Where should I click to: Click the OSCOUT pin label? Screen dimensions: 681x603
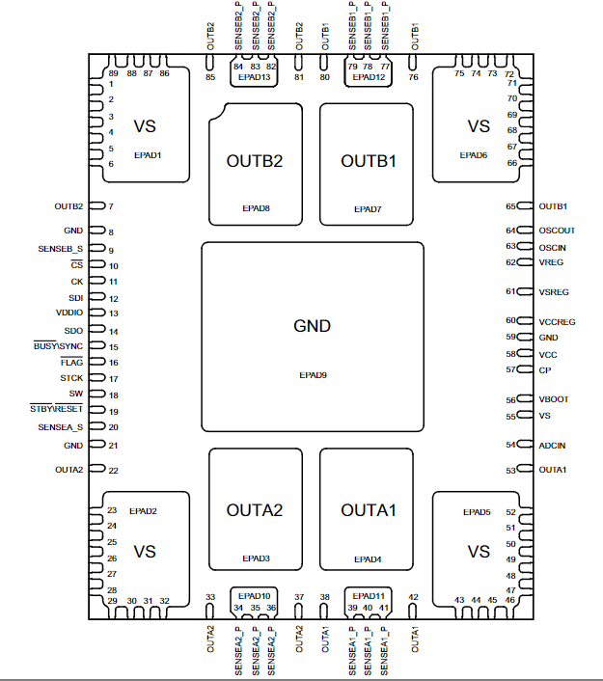558,230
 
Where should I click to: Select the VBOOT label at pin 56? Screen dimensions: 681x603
554,399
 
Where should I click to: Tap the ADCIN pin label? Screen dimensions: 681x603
554,445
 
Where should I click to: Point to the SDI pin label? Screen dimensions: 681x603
76,298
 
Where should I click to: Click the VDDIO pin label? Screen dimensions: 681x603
70,313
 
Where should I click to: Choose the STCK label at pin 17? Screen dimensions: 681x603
71,378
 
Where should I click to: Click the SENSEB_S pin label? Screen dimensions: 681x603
62,249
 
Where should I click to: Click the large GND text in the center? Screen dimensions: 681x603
312,326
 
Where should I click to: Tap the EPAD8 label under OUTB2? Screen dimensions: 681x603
256,207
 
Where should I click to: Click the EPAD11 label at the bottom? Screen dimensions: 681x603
368,596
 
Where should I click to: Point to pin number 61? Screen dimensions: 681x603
510,290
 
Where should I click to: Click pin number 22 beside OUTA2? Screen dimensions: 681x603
113,471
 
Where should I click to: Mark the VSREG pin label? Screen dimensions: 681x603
555,290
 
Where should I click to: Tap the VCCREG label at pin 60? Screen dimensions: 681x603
560,321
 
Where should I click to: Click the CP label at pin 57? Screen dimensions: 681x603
545,369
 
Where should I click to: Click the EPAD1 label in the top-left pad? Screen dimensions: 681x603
148,154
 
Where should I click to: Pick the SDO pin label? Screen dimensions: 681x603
74,331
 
